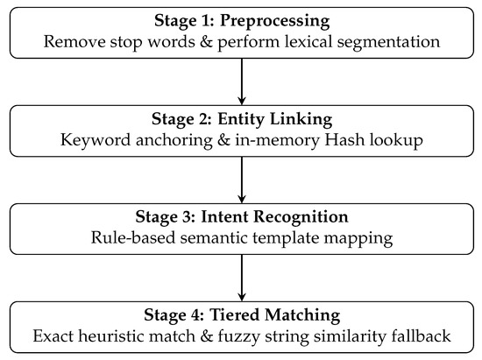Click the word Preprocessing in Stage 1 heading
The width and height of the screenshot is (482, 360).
[x=274, y=22]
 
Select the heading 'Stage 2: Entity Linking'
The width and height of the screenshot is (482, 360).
[x=242, y=119]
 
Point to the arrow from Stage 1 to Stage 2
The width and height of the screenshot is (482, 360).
[x=242, y=81]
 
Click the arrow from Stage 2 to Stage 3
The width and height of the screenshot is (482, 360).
[x=242, y=180]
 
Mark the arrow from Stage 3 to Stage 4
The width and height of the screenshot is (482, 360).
[x=242, y=278]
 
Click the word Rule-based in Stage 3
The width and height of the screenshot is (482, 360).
[x=133, y=237]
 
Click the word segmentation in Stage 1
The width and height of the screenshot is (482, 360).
[x=388, y=43]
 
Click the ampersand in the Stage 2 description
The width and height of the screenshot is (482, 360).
[x=223, y=140]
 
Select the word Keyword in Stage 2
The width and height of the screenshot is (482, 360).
[x=96, y=140]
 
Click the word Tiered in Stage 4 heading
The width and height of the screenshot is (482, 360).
[x=235, y=315]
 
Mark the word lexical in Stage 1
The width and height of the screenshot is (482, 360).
[x=308, y=42]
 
